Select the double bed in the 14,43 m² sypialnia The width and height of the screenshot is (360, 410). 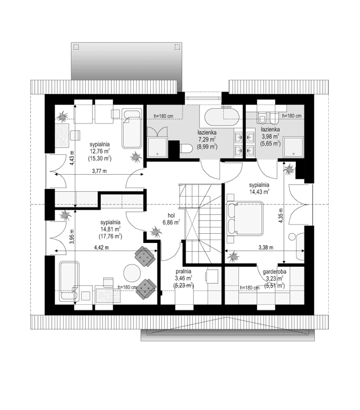click(x=245, y=218)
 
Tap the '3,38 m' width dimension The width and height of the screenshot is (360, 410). click(x=265, y=248)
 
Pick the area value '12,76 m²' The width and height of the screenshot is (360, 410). click(x=100, y=151)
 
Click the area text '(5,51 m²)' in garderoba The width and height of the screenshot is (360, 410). click(x=274, y=285)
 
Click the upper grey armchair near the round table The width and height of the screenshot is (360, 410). click(x=144, y=256)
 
